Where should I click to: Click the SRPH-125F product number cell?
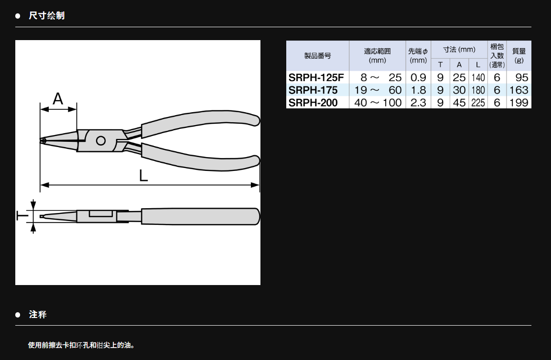tap(316, 78)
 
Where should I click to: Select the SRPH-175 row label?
tap(313, 90)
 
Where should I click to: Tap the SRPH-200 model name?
tap(313, 103)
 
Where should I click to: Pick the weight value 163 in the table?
tap(519, 90)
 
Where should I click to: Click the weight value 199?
tap(519, 103)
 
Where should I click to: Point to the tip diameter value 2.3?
tap(418, 103)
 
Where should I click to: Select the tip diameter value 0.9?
tap(418, 78)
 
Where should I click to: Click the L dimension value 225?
tap(478, 103)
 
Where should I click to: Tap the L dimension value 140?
tap(478, 78)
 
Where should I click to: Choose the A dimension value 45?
tap(459, 103)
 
